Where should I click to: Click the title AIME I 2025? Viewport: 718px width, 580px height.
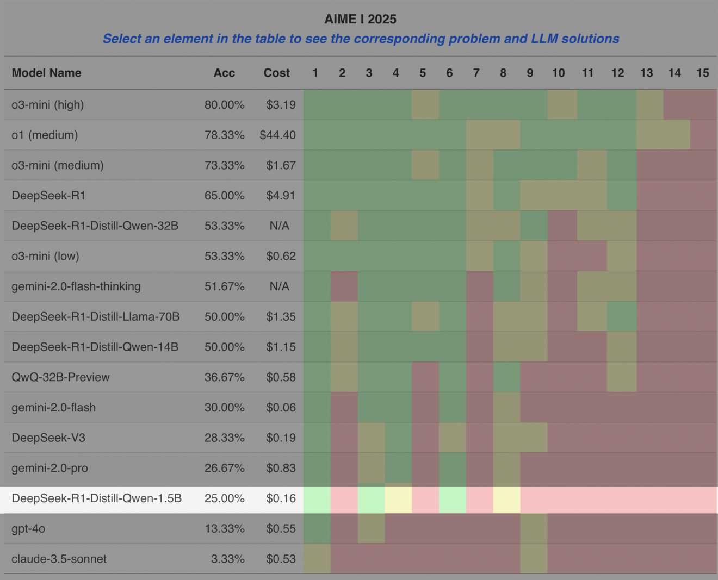pyautogui.click(x=360, y=19)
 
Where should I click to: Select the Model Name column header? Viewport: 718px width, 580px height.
pyautogui.click(x=46, y=73)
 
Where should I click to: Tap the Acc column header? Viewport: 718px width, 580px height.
pyautogui.click(x=224, y=73)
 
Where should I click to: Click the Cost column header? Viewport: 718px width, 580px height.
pyautogui.click(x=276, y=73)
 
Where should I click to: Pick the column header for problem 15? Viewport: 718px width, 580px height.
pyautogui.click(x=702, y=73)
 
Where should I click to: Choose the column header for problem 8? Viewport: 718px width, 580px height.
pyautogui.click(x=503, y=73)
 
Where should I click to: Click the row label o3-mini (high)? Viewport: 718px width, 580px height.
pyautogui.click(x=48, y=104)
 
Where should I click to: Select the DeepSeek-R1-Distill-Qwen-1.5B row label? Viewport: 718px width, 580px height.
pyautogui.click(x=96, y=498)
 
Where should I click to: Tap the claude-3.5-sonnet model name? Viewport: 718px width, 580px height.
pyautogui.click(x=59, y=559)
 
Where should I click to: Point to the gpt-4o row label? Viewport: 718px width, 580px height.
pyautogui.click(x=28, y=528)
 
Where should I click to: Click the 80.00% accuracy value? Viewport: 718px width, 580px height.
pyautogui.click(x=224, y=104)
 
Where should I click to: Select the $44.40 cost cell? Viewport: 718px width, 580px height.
pyautogui.click(x=277, y=135)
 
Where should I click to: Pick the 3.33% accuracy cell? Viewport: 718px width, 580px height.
pyautogui.click(x=227, y=559)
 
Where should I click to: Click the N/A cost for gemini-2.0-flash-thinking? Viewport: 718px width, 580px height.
pyautogui.click(x=279, y=286)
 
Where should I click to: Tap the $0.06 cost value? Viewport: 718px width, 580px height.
pyautogui.click(x=281, y=408)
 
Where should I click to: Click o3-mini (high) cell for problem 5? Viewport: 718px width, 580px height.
pyautogui.click(x=425, y=104)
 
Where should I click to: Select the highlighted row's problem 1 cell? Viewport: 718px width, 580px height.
pyautogui.click(x=317, y=498)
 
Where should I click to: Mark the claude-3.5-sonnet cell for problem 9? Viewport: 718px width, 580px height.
pyautogui.click(x=534, y=559)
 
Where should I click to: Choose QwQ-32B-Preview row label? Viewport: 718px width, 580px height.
pyautogui.click(x=60, y=377)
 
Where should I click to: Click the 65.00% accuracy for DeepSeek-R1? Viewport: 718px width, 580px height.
pyautogui.click(x=224, y=196)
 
